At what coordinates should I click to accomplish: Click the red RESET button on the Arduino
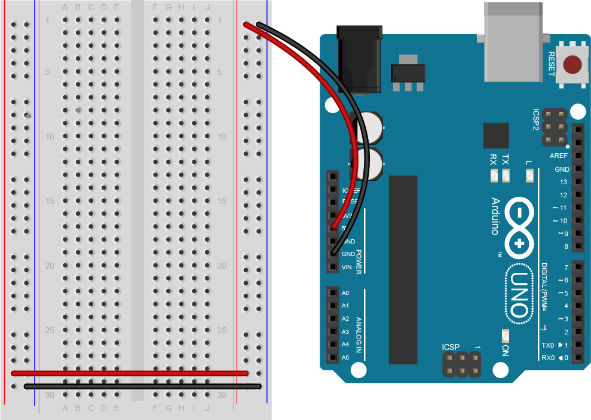coord(574,65)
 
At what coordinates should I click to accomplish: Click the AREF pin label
coord(559,156)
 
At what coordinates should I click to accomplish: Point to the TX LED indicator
coord(506,176)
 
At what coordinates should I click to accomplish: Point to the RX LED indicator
coord(494,176)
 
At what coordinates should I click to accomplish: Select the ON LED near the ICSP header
coord(506,336)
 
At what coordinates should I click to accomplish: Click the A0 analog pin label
coord(345,293)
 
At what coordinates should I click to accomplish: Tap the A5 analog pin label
coord(345,358)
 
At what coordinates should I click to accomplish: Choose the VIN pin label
coord(346,267)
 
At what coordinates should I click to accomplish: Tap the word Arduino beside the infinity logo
coord(495,216)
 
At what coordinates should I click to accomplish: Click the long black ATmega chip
coord(403,269)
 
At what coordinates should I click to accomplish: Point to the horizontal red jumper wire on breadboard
coord(129,373)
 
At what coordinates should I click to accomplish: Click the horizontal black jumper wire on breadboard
coord(142,386)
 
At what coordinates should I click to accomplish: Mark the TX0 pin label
coord(547,345)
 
